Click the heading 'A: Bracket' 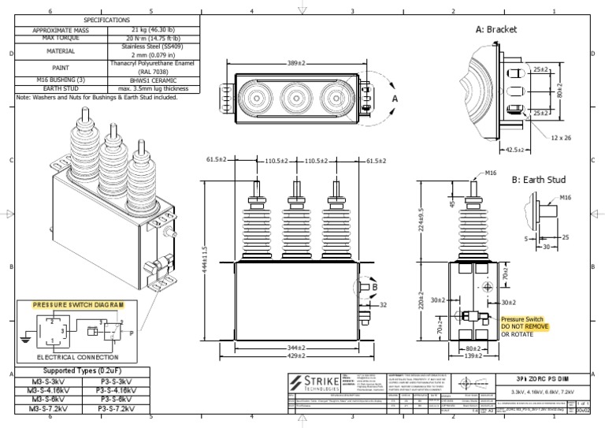click(497, 29)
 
